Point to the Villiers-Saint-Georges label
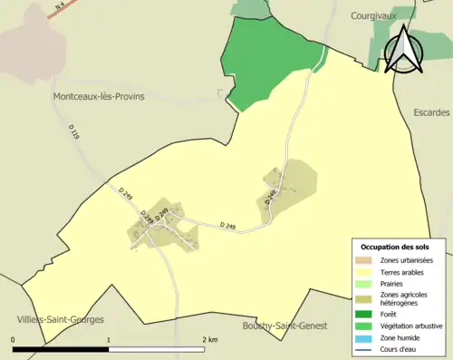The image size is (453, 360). [x=60, y=319]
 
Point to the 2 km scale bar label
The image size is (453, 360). [x=211, y=340]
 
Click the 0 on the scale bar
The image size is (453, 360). [x=14, y=340]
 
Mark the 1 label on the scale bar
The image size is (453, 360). [x=109, y=340]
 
